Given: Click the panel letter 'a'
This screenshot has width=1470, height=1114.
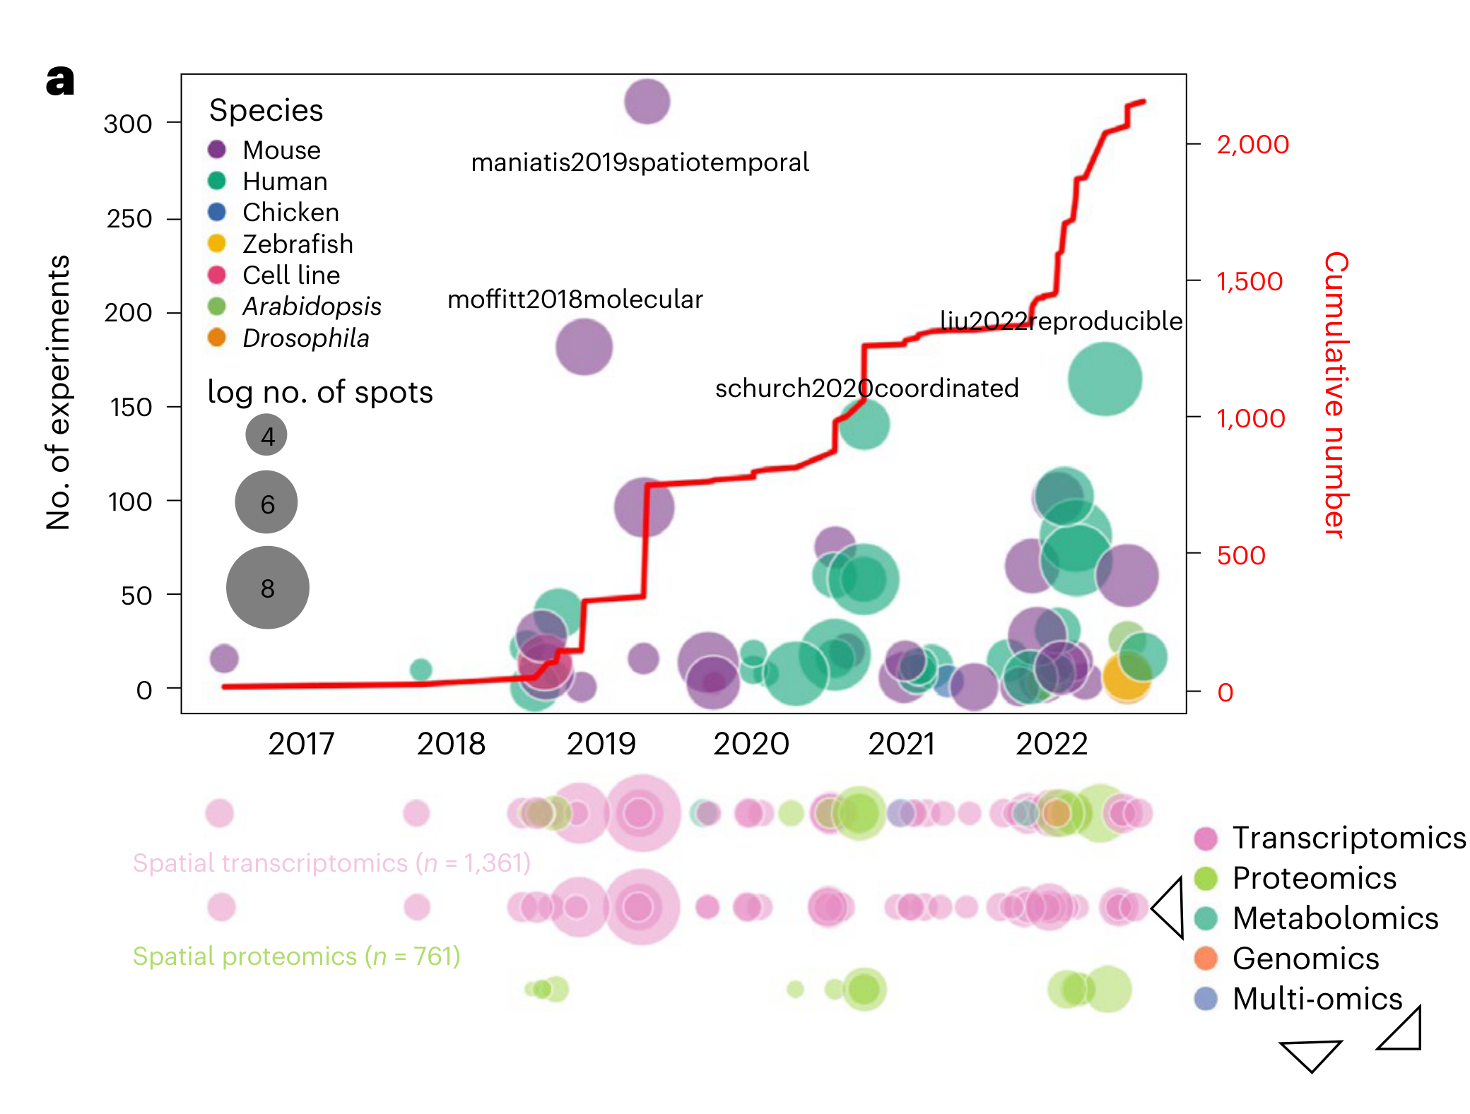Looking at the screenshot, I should pyautogui.click(x=60, y=81).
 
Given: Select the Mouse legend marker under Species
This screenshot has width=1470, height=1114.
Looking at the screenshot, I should pyautogui.click(x=217, y=150).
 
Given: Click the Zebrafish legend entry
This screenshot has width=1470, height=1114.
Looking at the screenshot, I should pyautogui.click(x=298, y=244).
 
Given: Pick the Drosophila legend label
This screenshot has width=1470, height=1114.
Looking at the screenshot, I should pyautogui.click(x=305, y=338).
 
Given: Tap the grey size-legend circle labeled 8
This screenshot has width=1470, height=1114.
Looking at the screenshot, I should pyautogui.click(x=267, y=588).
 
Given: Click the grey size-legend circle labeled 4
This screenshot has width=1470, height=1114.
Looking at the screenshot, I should pyautogui.click(x=266, y=435).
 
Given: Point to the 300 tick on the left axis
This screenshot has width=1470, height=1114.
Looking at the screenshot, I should pyautogui.click(x=128, y=124).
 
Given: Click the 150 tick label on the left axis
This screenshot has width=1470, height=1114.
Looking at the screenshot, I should pyautogui.click(x=131, y=408).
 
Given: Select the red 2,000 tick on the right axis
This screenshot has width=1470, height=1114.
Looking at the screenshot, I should pyautogui.click(x=1252, y=144).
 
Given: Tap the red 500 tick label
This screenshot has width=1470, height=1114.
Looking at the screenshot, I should pyautogui.click(x=1240, y=555).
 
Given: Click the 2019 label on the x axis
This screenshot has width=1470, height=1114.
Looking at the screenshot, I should pyautogui.click(x=601, y=744).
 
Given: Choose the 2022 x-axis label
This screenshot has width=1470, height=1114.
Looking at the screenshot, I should pyautogui.click(x=1052, y=744).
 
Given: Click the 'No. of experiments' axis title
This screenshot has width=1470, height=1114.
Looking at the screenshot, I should pyautogui.click(x=58, y=393).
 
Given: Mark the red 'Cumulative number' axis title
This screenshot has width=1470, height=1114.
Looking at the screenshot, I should pyautogui.click(x=1335, y=395).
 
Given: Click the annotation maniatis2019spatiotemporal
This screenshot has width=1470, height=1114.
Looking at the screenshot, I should pyautogui.click(x=640, y=162).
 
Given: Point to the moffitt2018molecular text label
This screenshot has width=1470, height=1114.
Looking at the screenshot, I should pyautogui.click(x=575, y=300).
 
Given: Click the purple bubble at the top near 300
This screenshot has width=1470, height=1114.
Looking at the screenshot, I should pyautogui.click(x=647, y=102).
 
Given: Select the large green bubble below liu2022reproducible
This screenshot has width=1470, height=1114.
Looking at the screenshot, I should pyautogui.click(x=1105, y=379).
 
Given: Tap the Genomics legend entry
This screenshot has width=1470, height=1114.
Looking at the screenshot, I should pyautogui.click(x=1305, y=959).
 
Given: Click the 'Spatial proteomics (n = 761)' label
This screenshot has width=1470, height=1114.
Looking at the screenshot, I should pyautogui.click(x=297, y=956).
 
